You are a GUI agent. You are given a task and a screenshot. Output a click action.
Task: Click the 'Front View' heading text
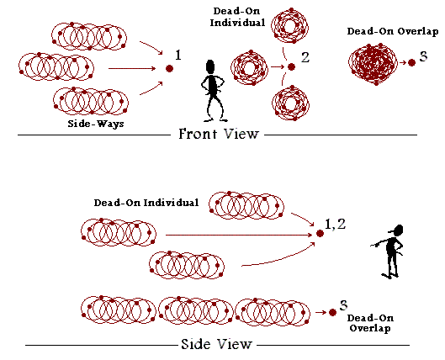click(x=219, y=134)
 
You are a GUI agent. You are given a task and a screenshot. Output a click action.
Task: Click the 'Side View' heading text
click(x=216, y=344)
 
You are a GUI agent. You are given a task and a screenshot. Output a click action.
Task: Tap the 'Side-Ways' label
click(x=96, y=124)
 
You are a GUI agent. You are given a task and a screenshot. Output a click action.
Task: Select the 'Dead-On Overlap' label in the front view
click(x=393, y=31)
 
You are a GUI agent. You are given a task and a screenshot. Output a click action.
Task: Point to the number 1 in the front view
click(x=178, y=55)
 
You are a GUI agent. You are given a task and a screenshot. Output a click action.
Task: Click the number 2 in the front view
click(x=305, y=57)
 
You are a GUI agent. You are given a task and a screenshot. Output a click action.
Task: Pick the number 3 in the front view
click(x=423, y=56)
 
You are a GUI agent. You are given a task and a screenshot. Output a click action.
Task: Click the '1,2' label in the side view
click(x=335, y=224)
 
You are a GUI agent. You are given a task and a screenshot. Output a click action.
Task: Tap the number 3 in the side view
click(x=343, y=305)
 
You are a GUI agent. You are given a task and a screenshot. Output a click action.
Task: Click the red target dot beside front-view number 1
click(x=169, y=68)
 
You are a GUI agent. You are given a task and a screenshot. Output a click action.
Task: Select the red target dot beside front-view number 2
click(x=291, y=67)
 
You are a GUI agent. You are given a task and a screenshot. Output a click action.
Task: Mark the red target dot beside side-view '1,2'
click(x=320, y=234)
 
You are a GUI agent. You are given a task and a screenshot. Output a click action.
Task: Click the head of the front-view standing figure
click(x=210, y=66)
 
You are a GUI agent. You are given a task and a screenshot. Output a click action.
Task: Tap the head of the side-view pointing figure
click(x=399, y=230)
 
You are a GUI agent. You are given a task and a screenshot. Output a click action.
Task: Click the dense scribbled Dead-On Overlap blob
click(x=373, y=64)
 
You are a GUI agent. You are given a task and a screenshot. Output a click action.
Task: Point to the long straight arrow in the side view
click(x=239, y=235)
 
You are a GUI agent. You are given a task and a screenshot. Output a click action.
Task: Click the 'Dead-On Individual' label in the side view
click(x=146, y=203)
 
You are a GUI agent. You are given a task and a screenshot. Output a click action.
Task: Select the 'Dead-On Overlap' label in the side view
click(x=370, y=323)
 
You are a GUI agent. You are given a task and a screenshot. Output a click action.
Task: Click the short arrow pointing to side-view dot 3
click(x=321, y=312)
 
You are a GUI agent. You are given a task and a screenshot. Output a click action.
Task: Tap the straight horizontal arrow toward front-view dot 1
click(x=132, y=68)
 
